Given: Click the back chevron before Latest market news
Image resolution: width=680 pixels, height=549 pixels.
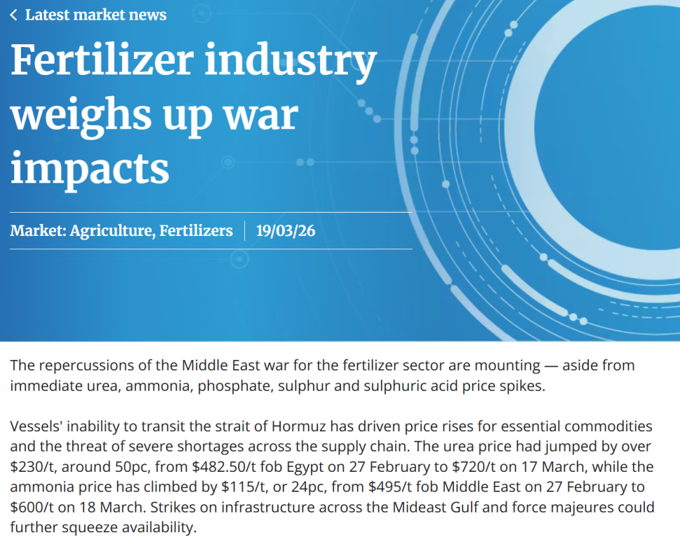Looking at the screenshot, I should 13,15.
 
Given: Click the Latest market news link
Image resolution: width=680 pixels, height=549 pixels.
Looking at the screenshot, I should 95,15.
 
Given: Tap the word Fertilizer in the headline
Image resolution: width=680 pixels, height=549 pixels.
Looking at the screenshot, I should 100,62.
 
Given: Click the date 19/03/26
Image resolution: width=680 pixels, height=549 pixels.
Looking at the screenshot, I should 286,230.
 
